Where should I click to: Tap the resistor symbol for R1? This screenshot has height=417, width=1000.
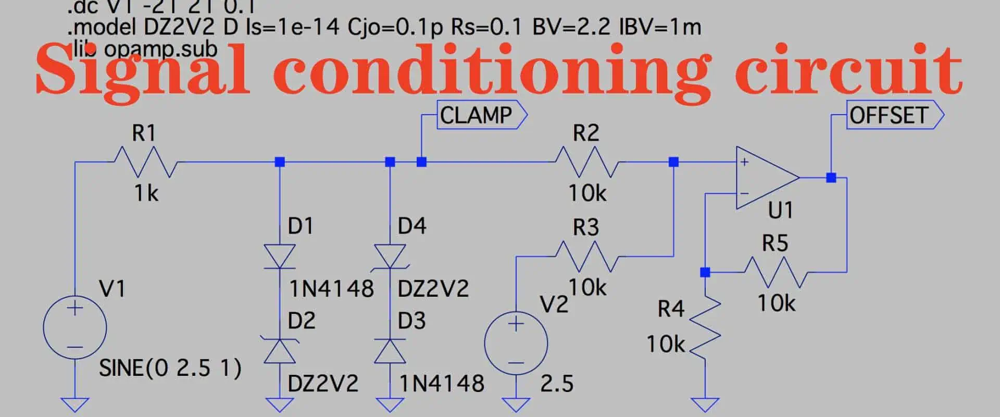point(145,162)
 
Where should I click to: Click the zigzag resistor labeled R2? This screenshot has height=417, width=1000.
point(587,162)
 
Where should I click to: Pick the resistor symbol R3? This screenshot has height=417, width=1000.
point(587,256)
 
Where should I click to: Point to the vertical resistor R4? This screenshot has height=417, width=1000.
point(705,327)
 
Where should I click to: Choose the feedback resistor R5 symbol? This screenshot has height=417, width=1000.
point(776,272)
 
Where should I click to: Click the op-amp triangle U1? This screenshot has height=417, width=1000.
point(766,178)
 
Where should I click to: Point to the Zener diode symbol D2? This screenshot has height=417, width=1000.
point(280,351)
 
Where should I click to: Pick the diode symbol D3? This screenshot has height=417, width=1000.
point(390,351)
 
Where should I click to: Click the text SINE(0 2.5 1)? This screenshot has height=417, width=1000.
point(170,369)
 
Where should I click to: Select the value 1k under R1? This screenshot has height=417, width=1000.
point(146,193)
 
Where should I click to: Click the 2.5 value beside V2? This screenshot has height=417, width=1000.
point(556,384)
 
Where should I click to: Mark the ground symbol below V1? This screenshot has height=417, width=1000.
point(75,404)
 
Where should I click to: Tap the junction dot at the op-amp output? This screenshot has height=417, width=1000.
point(831,178)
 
